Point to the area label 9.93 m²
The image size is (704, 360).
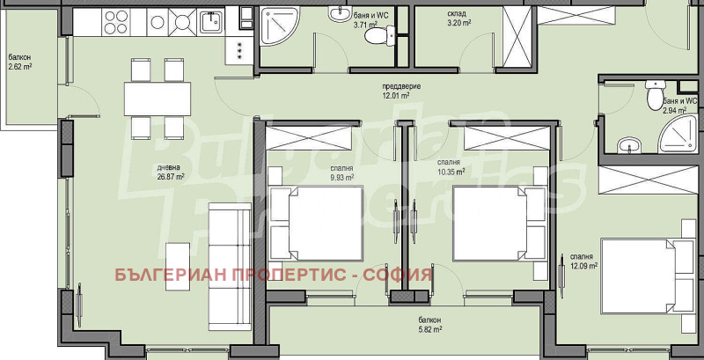coord(342,177)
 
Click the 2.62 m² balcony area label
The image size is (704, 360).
coord(20,66)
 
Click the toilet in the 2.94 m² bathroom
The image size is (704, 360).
coord(652,93)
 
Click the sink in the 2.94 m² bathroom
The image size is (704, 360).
coord(628,144)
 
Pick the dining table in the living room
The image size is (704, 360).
coord(158,98)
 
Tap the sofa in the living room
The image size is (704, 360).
coord(224,262)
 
